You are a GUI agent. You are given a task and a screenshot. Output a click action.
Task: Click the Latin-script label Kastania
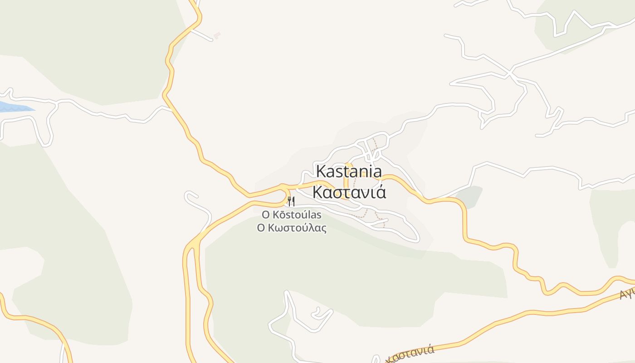tap(349, 172)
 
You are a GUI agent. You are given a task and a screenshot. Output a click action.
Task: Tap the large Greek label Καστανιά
tap(349, 192)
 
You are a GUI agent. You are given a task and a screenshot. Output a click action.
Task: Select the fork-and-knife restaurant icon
tap(291, 201)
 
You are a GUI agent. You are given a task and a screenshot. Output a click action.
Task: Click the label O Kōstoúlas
tap(292, 215)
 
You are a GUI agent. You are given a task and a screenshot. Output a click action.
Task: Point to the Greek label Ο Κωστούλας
tap(292, 228)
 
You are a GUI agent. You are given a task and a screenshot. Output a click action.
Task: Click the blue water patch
tap(14, 108)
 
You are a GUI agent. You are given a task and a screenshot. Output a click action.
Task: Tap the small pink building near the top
tap(217, 35)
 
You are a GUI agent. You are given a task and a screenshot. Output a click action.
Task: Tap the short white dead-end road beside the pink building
tap(202, 35)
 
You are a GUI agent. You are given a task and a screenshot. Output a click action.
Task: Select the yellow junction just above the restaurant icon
tap(283, 187)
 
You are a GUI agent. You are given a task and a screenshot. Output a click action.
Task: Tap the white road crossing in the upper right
tap(510, 73)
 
